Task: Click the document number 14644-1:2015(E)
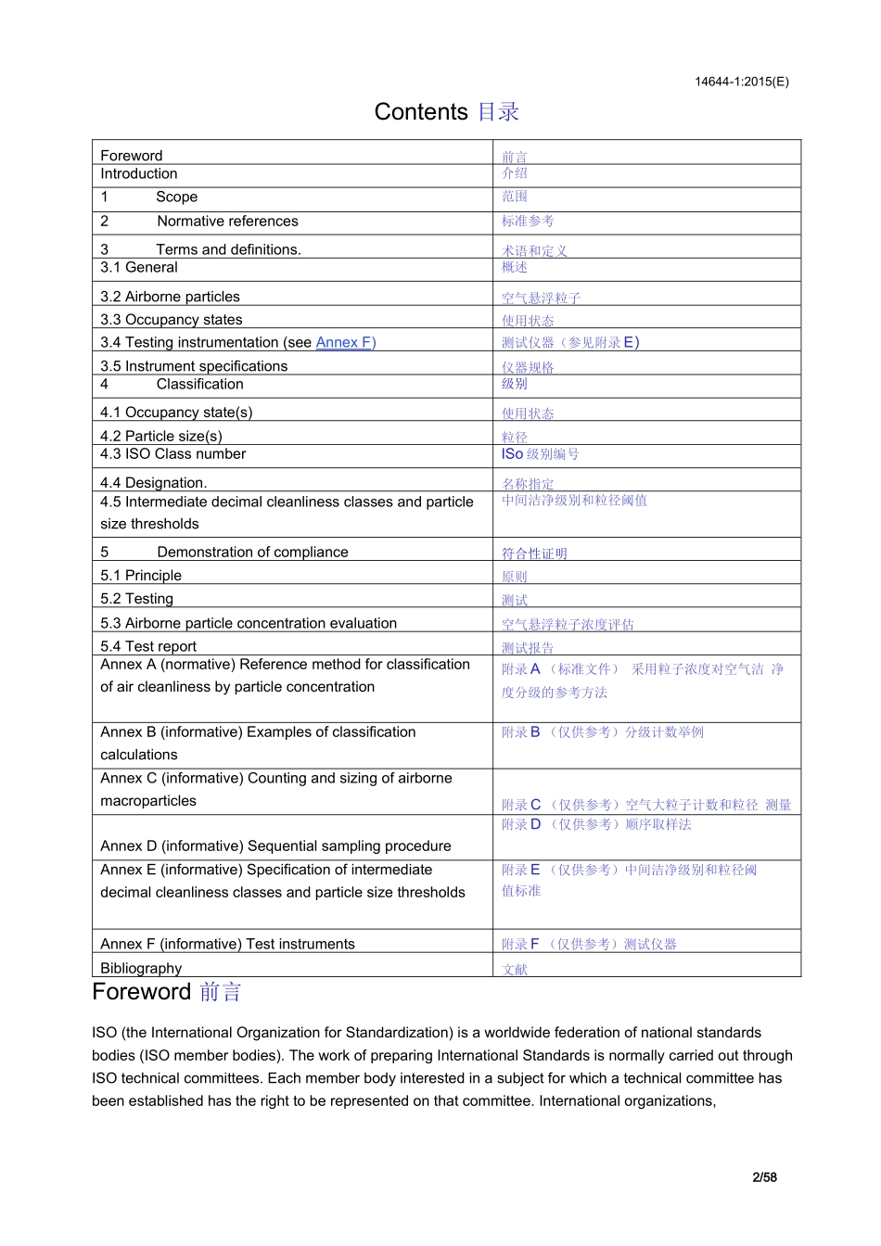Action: pos(741,82)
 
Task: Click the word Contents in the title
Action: pos(421,112)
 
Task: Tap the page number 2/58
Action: pos(764,1177)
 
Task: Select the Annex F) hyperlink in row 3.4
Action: pos(345,343)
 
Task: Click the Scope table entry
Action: pos(176,197)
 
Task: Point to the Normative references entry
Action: pos(227,222)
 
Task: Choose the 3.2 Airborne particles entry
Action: pos(170,298)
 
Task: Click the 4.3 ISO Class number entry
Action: pos(173,454)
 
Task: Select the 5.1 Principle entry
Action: pos(141,576)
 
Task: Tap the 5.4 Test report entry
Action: pos(148,646)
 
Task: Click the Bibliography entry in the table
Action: pos(141,968)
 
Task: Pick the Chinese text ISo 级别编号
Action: pos(540,454)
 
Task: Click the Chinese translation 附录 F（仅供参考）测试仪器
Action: pos(589,945)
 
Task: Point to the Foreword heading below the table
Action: pos(142,992)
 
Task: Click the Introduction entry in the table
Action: pos(139,174)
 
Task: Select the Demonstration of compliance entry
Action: pos(252,553)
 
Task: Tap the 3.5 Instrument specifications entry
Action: pos(194,366)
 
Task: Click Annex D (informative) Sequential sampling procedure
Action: pos(275,846)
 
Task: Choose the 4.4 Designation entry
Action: pos(154,483)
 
